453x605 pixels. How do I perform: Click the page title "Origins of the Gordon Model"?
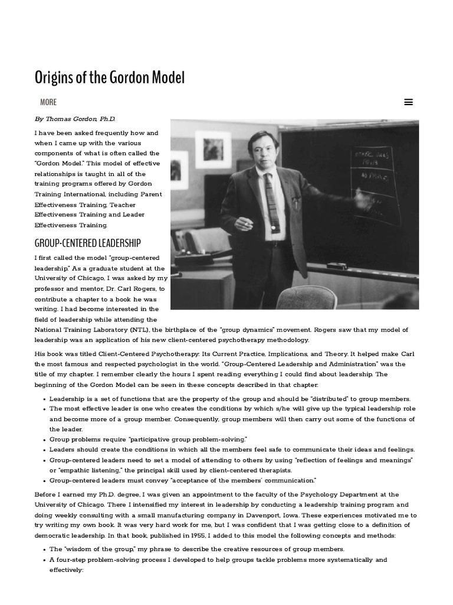[x=110, y=77]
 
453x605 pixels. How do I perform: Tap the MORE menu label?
[x=48, y=102]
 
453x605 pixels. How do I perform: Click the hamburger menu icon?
[x=408, y=102]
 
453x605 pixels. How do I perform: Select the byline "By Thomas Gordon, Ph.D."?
[x=75, y=119]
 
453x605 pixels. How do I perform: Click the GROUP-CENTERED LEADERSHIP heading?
[x=88, y=243]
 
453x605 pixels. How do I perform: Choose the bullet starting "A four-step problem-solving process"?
[x=218, y=560]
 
